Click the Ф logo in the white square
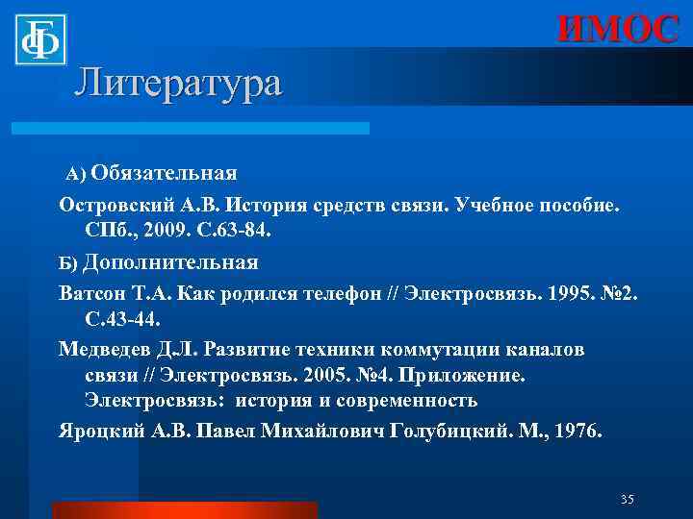click(x=40, y=39)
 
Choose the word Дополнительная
click(x=170, y=261)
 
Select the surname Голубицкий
click(x=459, y=431)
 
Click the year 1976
click(x=578, y=431)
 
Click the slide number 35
click(x=628, y=499)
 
